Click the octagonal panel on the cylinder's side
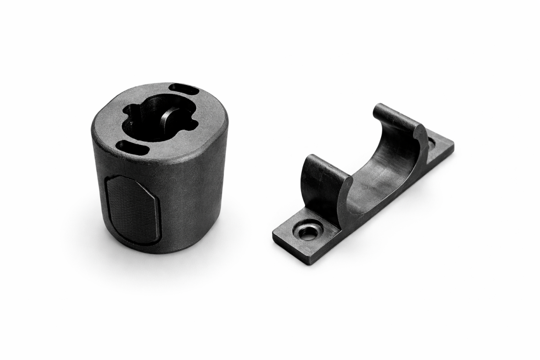pyautogui.click(x=132, y=209)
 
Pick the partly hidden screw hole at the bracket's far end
pyautogui.click(x=432, y=141)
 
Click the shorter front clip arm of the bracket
pyautogui.click(x=323, y=184)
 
